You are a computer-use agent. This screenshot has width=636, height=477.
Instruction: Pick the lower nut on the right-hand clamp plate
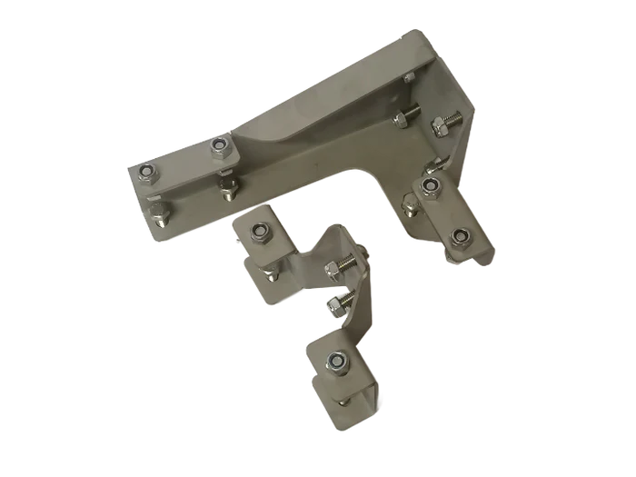point(461,238)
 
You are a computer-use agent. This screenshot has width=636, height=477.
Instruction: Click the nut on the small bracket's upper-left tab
point(258,234)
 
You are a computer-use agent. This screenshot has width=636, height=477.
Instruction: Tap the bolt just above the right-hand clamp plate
point(433,165)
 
